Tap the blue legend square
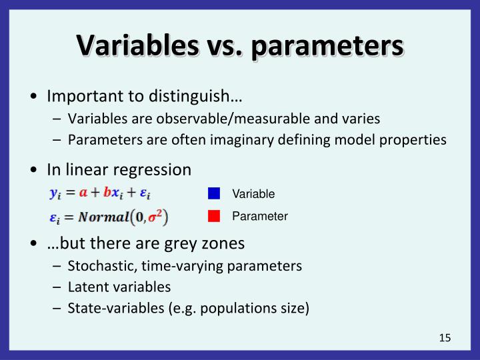(214, 194)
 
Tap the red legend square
(214, 216)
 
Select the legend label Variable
(253, 194)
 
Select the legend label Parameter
(260, 216)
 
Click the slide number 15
(445, 338)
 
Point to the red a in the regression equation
(83, 193)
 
